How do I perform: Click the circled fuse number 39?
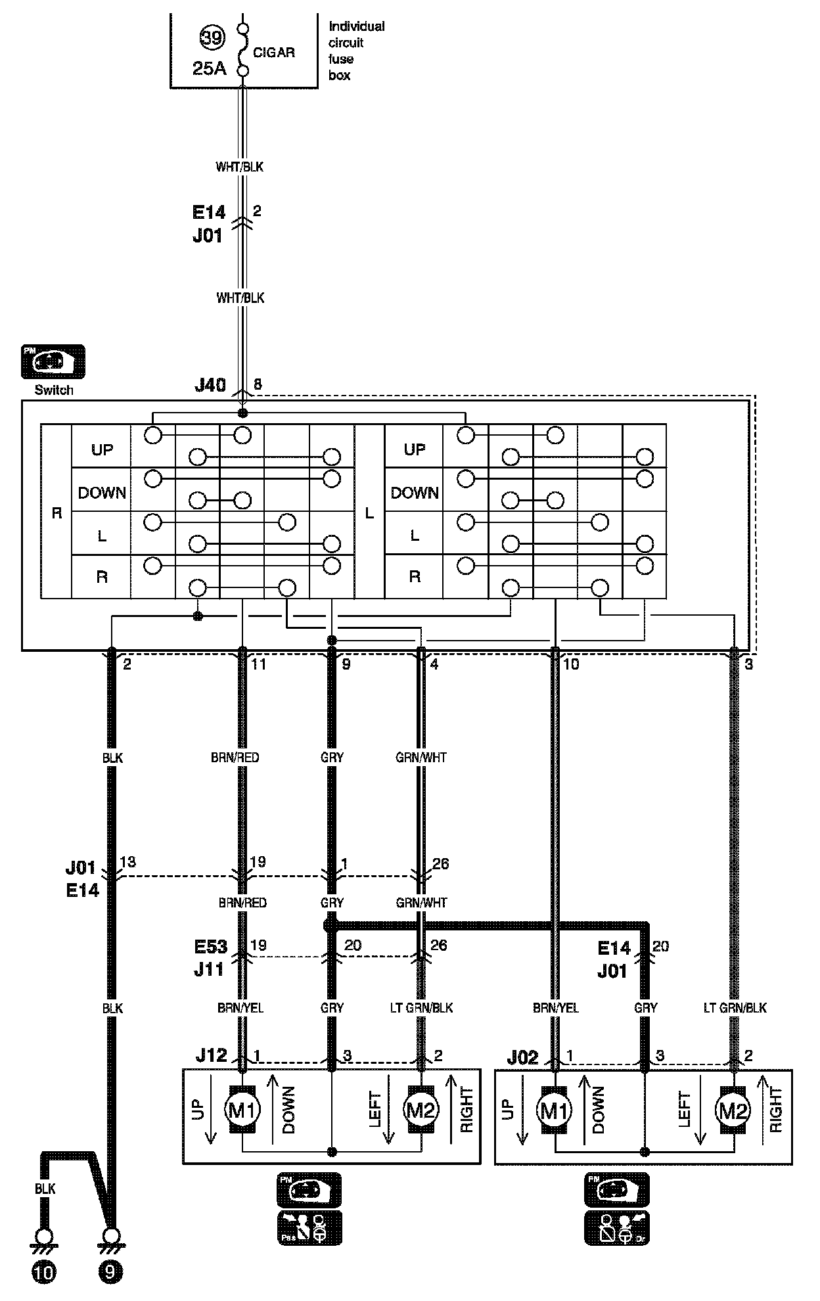pyautogui.click(x=212, y=38)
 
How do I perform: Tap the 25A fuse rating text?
pyautogui.click(x=209, y=68)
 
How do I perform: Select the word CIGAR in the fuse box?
pyautogui.click(x=273, y=53)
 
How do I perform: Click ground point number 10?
pyautogui.click(x=45, y=1273)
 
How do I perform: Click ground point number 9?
pyautogui.click(x=110, y=1273)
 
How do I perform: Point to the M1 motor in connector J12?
pyautogui.click(x=242, y=1110)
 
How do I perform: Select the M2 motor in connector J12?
pyautogui.click(x=421, y=1110)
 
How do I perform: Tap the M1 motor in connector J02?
pyautogui.click(x=555, y=1110)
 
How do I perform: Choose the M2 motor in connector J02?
pyautogui.click(x=733, y=1110)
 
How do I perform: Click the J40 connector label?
pyautogui.click(x=210, y=385)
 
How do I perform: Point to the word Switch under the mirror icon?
pyautogui.click(x=54, y=390)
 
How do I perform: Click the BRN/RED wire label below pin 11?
pyautogui.click(x=235, y=758)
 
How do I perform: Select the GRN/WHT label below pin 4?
pyautogui.click(x=421, y=758)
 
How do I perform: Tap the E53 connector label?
pyautogui.click(x=211, y=947)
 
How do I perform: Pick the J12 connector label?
pyautogui.click(x=211, y=1055)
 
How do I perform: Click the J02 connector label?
pyautogui.click(x=522, y=1057)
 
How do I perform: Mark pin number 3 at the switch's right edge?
pyautogui.click(x=748, y=664)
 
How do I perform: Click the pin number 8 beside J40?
pyautogui.click(x=258, y=384)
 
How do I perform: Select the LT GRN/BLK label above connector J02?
pyautogui.click(x=735, y=1007)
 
